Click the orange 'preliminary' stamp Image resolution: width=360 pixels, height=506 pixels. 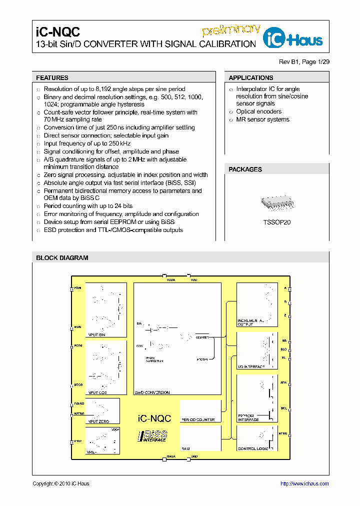click(230, 29)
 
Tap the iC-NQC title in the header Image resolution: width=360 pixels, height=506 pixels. click(57, 31)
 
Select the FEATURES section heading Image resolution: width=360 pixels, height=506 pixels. click(52, 78)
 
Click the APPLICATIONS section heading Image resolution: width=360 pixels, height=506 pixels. click(250, 78)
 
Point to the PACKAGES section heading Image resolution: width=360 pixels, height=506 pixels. click(245, 169)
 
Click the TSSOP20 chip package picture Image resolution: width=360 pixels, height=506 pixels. click(276, 202)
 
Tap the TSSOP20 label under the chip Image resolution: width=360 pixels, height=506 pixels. click(276, 222)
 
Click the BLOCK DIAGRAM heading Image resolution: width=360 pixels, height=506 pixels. click(62, 258)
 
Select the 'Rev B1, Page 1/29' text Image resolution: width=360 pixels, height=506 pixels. click(304, 62)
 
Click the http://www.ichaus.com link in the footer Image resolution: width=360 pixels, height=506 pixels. click(304, 483)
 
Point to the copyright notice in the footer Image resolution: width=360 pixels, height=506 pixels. click(60, 483)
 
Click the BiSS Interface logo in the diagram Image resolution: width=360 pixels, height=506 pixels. click(153, 435)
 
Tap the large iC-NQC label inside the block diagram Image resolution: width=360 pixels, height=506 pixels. click(154, 418)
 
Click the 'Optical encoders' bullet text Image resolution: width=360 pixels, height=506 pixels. click(258, 111)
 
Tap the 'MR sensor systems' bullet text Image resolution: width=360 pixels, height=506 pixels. click(262, 119)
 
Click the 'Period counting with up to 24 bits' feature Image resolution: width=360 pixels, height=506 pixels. click(88, 206)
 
